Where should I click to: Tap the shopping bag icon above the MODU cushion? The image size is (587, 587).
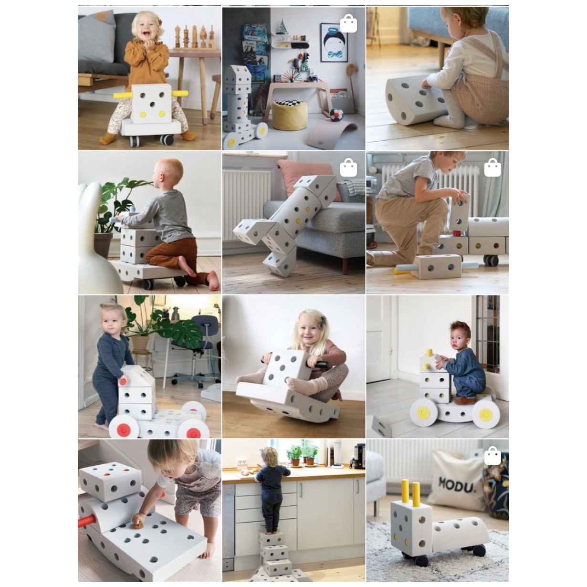coord(493,456)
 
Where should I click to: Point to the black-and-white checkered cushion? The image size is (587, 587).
coord(289,104)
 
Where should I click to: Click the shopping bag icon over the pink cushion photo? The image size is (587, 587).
coord(348,168)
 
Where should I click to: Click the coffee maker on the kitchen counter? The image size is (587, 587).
coord(356,455)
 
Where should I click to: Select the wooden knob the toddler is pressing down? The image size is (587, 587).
coord(138,524)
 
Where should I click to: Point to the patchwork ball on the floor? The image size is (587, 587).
coord(336,115)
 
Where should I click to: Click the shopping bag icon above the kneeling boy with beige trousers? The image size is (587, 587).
coord(493,168)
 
